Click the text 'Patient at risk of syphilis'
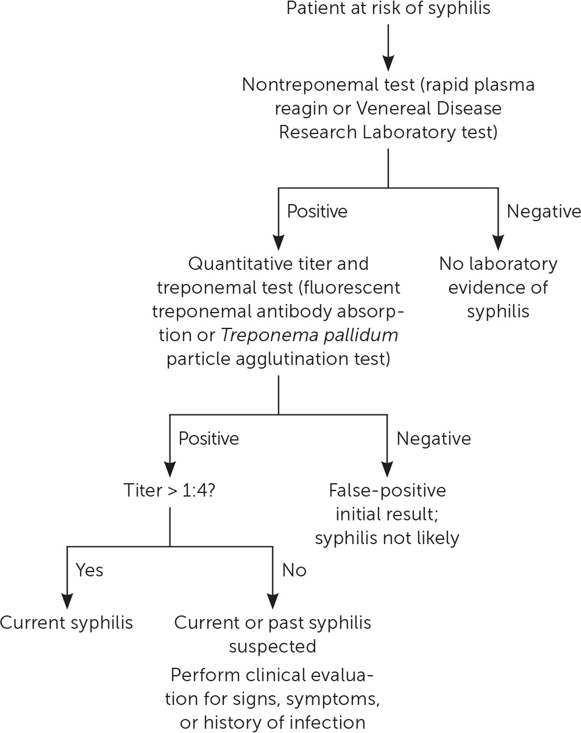388,9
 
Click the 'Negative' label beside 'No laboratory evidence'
544,211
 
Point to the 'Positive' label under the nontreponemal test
317,211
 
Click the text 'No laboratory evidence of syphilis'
498,287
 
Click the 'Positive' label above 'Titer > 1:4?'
208,439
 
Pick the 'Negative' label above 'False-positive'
434,439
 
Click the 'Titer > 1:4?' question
168,490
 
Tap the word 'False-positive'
387,490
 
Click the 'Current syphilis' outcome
66,623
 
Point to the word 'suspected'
272,646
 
